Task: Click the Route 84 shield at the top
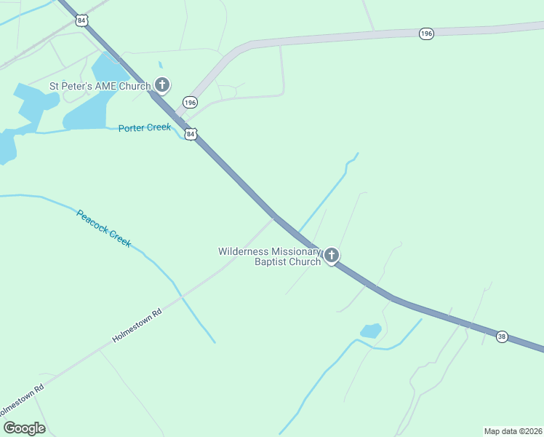pos(81,20)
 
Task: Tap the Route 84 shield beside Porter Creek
pos(191,135)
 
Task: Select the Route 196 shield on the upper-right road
pos(427,34)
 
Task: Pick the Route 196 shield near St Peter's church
pos(190,103)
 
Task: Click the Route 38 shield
pos(502,336)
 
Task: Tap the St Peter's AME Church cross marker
pos(162,86)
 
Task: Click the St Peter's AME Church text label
pos(100,86)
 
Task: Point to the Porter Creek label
pos(145,127)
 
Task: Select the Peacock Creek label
pos(104,228)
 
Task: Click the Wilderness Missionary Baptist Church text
pos(270,256)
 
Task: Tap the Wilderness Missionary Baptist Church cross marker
pos(332,255)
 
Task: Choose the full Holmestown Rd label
pos(137,325)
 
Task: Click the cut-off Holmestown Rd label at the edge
pos(22,398)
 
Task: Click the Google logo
pos(24,428)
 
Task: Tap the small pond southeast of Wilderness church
pos(371,331)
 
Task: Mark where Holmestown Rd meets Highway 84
pos(273,216)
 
